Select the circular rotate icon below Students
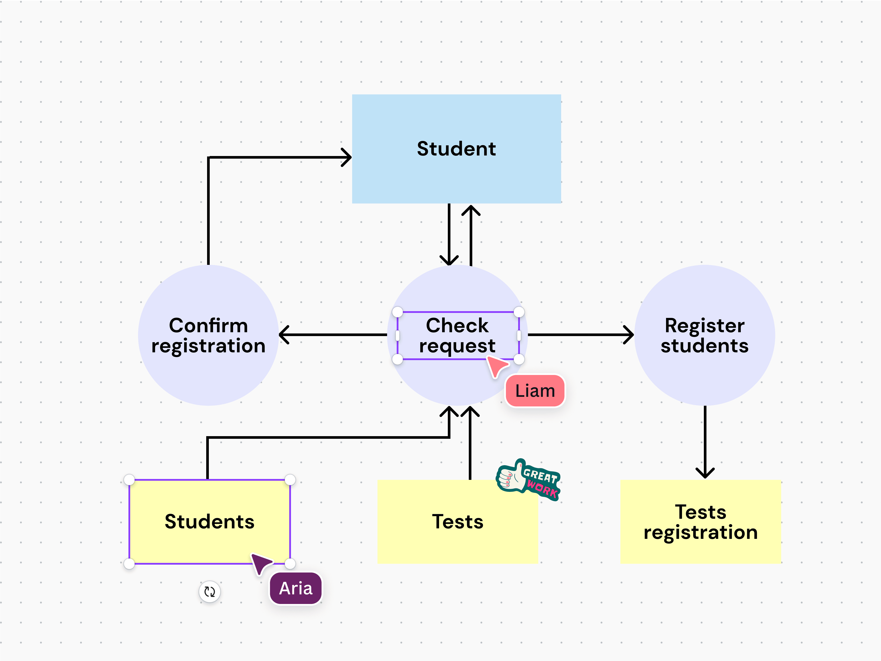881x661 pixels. coord(209,592)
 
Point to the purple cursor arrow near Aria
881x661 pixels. coord(261,563)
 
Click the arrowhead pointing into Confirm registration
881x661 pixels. coord(284,335)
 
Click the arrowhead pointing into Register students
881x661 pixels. coord(629,335)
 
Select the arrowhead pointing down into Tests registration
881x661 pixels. coord(705,473)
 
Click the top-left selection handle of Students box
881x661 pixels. coord(129,480)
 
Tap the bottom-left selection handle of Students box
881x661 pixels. coord(129,564)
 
